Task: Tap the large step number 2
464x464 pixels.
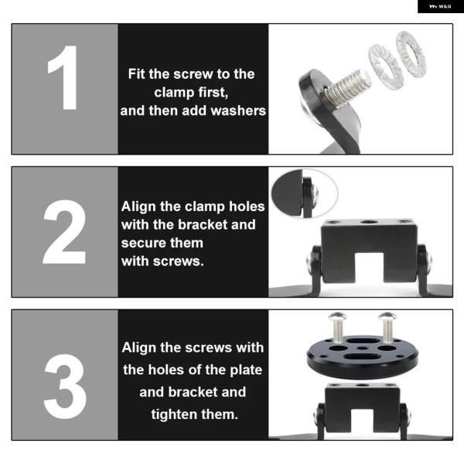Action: [x=64, y=232]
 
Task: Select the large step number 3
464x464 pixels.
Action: [x=65, y=387]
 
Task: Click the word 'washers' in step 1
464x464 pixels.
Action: [x=238, y=111]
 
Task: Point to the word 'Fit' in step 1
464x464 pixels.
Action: [x=137, y=74]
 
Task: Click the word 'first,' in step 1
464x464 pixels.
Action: [x=213, y=93]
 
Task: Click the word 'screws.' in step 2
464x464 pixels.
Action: [x=179, y=261]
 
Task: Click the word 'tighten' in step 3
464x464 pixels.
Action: [x=174, y=415]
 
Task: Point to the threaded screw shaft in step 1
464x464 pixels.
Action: [x=347, y=87]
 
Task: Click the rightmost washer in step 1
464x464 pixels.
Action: [x=411, y=54]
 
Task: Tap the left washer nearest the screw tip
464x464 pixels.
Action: [x=384, y=66]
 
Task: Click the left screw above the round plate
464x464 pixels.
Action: [x=338, y=326]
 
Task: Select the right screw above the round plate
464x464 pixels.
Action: [x=387, y=326]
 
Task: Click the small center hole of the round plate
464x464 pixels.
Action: [x=362, y=349]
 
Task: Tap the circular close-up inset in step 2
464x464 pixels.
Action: [x=305, y=193]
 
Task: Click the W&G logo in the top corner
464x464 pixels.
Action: [x=440, y=6]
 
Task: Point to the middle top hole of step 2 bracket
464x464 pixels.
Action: [x=369, y=222]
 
